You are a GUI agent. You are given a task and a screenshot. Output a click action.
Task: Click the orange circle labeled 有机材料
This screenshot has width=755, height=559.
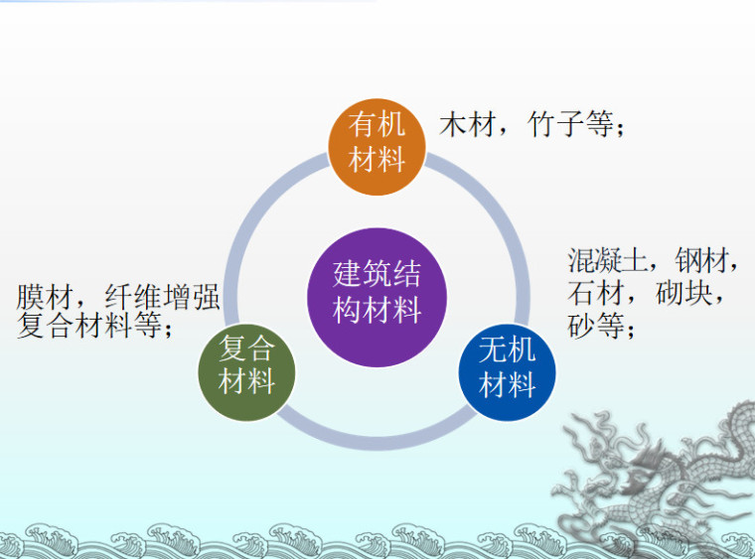(x=377, y=142)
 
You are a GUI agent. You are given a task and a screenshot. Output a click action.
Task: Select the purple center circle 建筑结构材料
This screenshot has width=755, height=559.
(x=377, y=294)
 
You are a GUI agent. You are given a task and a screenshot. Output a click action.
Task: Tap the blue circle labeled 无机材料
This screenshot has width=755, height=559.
(x=507, y=368)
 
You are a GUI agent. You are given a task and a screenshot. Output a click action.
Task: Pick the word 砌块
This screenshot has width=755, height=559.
(x=685, y=294)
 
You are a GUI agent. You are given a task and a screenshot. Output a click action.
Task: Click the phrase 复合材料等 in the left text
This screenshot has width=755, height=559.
(x=89, y=327)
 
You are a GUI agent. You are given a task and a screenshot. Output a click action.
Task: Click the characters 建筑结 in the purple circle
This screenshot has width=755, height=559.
(x=377, y=275)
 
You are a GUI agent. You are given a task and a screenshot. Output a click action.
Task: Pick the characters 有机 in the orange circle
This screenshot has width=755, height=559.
(x=377, y=125)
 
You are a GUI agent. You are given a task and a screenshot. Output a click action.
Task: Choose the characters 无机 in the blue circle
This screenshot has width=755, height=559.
(x=507, y=350)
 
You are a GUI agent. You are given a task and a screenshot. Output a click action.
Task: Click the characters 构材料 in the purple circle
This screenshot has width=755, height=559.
(x=377, y=311)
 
